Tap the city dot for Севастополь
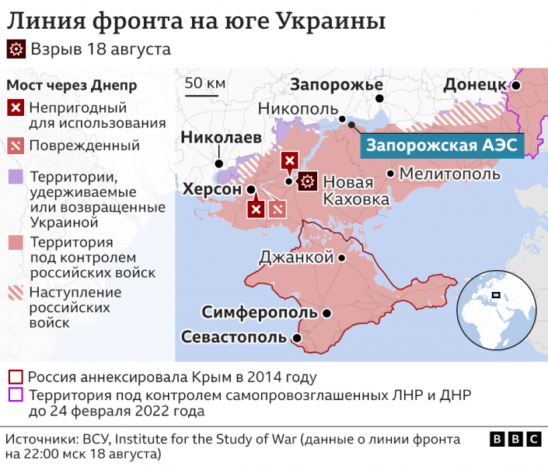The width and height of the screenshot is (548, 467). coord(296,339)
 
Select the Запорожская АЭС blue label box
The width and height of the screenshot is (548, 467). coord(442,145)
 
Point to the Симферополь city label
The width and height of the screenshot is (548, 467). coord(260,313)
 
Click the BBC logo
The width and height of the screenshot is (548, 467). coord(515,440)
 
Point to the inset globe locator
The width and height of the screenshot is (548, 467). coord(496,307)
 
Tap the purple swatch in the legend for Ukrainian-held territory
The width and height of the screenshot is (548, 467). coord(16,177)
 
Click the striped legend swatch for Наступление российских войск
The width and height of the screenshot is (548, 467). coord(16,293)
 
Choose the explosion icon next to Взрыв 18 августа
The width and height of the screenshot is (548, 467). coord(16,50)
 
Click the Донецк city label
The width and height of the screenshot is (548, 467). coord(474,84)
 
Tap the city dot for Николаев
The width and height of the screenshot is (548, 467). coord(220,163)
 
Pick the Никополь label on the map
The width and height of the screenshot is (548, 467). coord(298,109)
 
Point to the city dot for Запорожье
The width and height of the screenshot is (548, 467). coord(379,99)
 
